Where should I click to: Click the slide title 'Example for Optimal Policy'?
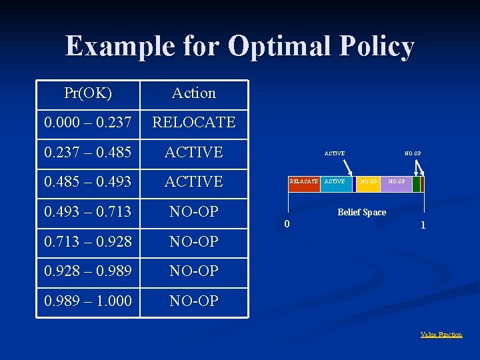pyautogui.click(x=240, y=47)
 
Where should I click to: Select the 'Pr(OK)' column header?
pyautogui.click(x=88, y=93)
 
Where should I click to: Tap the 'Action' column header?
pyautogui.click(x=194, y=93)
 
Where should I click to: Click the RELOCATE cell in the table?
pyautogui.click(x=194, y=123)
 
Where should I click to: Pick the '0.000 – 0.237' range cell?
pyautogui.click(x=88, y=123)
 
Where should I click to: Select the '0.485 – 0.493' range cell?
pyautogui.click(x=88, y=181)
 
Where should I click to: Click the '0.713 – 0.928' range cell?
pyautogui.click(x=88, y=241)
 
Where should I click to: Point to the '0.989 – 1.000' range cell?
pyautogui.click(x=88, y=301)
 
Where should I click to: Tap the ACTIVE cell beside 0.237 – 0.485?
pyautogui.click(x=194, y=152)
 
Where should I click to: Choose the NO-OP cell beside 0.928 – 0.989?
pyautogui.click(x=194, y=271)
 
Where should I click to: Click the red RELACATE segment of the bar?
pyautogui.click(x=304, y=182)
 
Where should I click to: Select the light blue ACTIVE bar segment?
pyautogui.click(x=335, y=182)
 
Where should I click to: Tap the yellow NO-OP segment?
pyautogui.click(x=368, y=182)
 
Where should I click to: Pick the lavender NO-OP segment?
pyautogui.click(x=397, y=182)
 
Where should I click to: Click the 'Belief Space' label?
pyautogui.click(x=361, y=212)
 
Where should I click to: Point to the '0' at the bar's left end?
pyautogui.click(x=287, y=223)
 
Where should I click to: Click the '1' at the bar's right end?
pyautogui.click(x=423, y=225)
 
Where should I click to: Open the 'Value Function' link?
pyautogui.click(x=441, y=335)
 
